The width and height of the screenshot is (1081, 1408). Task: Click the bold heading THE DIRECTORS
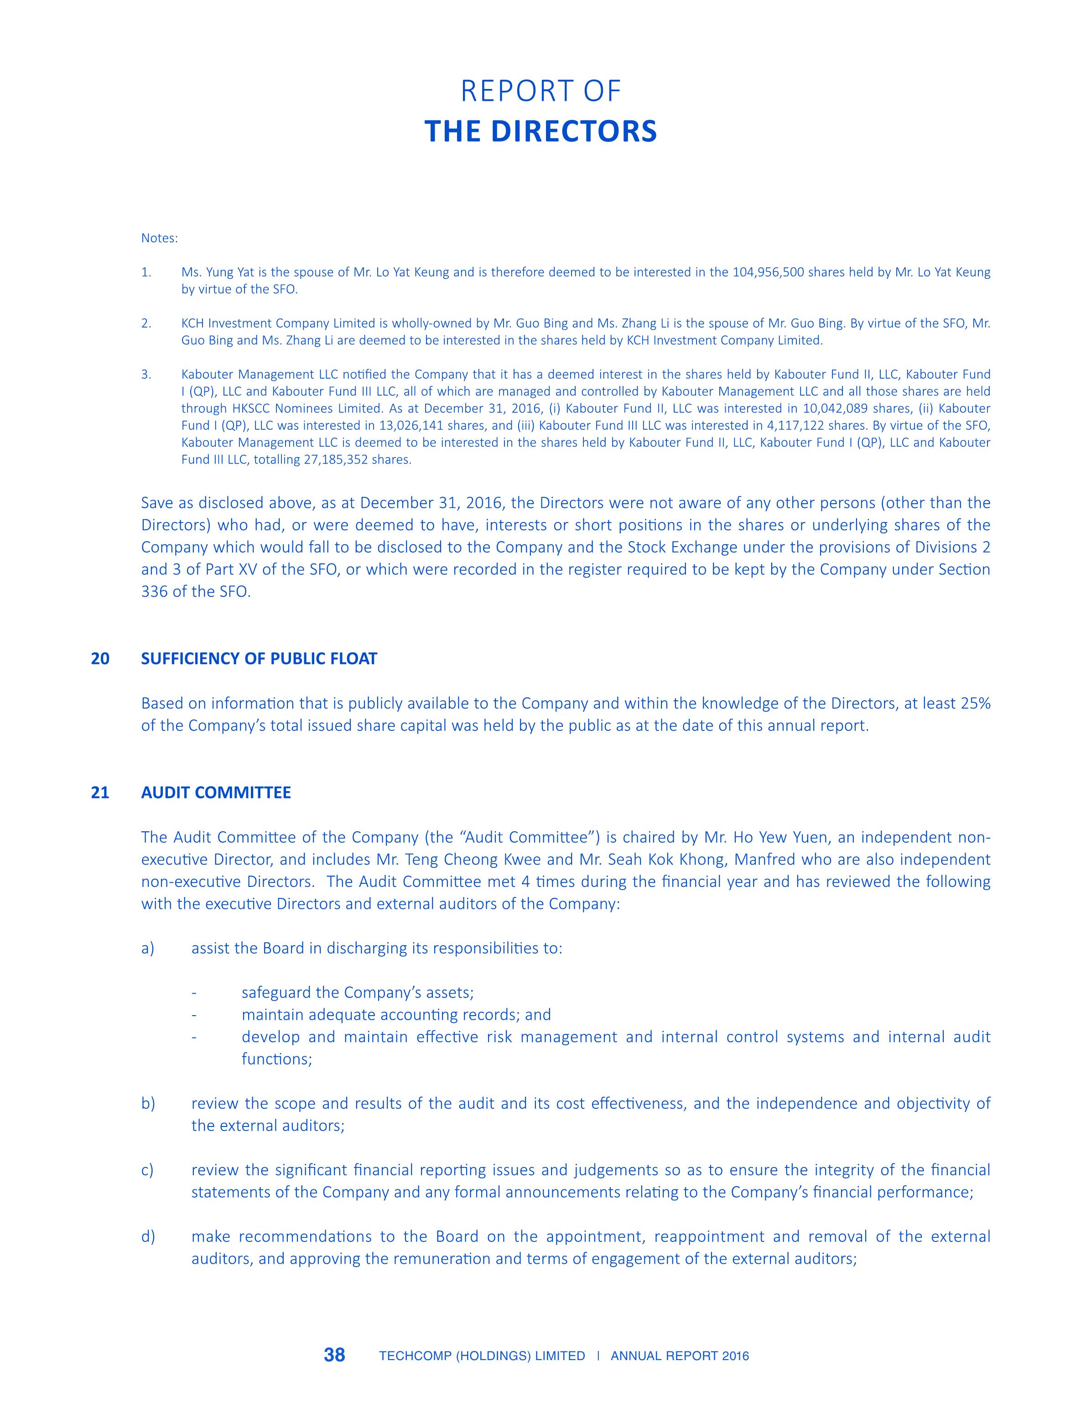(540, 131)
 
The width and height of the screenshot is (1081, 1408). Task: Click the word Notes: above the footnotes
(159, 238)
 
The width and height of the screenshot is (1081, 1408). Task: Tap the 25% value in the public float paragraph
(975, 704)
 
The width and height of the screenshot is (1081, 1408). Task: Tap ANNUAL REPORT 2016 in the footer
(680, 1356)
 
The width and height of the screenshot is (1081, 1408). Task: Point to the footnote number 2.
(146, 323)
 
